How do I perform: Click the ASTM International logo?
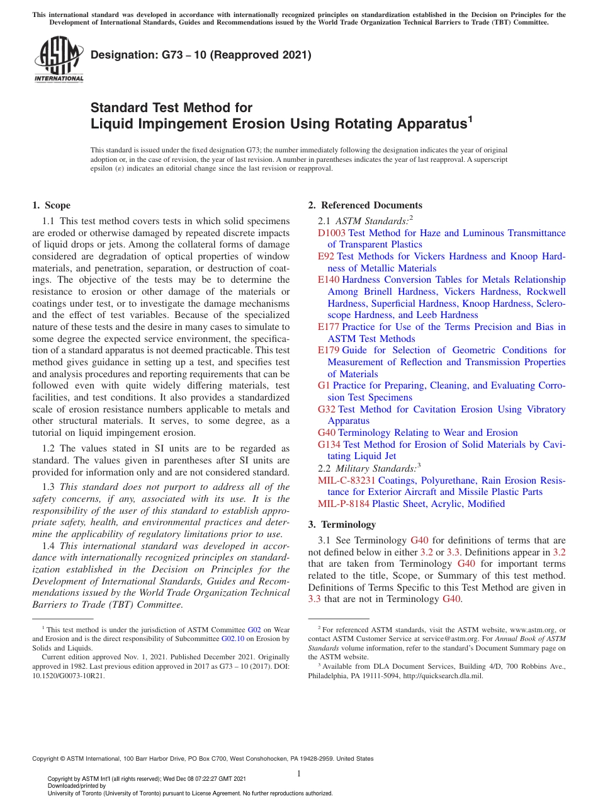59,59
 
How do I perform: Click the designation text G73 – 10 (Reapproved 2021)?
201,55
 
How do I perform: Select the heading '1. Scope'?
51,205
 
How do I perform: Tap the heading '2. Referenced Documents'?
365,205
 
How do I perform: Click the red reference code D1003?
332,233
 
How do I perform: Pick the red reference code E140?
329,280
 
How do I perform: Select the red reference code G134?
329,445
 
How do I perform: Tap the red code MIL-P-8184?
344,504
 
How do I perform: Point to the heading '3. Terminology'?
342,525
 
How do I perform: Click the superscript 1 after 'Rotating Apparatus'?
470,117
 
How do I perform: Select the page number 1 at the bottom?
299,773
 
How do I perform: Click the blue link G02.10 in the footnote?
232,639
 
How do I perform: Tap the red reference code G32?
327,409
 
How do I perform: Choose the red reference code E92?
326,256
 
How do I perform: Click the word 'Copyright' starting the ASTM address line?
47,759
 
